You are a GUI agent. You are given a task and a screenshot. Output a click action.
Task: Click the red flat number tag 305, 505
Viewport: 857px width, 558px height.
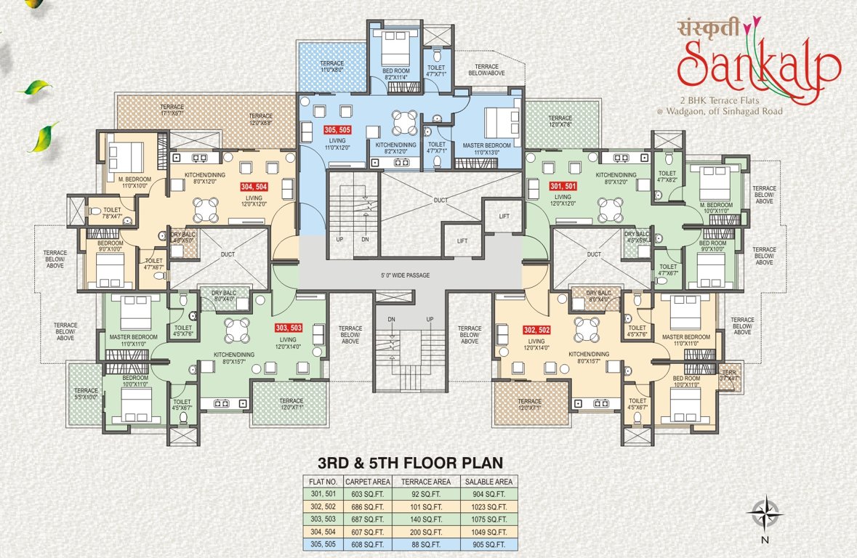click(x=337, y=131)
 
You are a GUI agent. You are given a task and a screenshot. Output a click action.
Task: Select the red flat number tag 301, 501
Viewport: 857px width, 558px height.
click(x=563, y=186)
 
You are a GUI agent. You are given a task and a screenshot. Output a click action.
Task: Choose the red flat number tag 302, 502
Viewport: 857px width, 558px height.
click(x=536, y=329)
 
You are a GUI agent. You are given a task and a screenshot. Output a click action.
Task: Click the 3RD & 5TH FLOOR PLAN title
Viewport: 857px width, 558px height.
click(x=411, y=462)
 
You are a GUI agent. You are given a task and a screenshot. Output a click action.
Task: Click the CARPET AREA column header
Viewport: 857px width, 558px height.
click(x=369, y=481)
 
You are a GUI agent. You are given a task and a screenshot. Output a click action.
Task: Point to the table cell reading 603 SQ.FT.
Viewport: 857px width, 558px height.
click(x=369, y=494)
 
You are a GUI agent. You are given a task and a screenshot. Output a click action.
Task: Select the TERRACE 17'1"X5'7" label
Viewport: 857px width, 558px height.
click(x=172, y=110)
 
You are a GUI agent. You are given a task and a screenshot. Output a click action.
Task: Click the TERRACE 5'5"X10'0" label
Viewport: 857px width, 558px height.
click(x=85, y=394)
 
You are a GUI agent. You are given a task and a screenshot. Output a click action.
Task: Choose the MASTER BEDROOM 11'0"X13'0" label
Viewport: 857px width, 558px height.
click(x=487, y=147)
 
